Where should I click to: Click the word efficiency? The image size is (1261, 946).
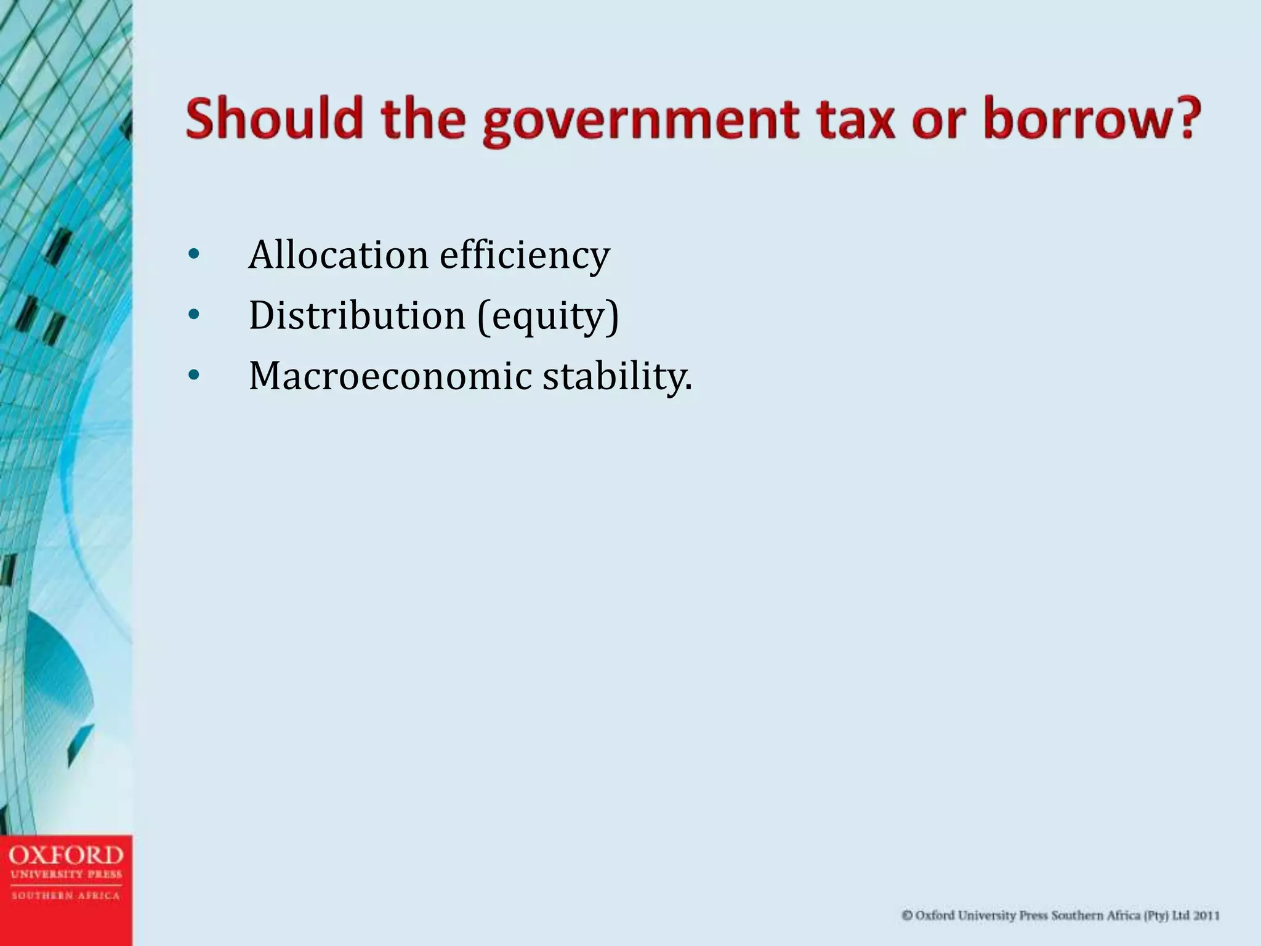tap(524, 256)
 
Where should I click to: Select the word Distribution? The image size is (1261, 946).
tap(357, 315)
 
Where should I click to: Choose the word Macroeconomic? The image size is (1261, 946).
tap(390, 376)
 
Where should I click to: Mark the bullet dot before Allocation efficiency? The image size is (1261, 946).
tap(193, 255)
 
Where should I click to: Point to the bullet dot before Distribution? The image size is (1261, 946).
tap(193, 315)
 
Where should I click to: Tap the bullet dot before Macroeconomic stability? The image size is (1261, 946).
tap(193, 376)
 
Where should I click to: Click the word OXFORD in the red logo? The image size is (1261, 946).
tap(66, 855)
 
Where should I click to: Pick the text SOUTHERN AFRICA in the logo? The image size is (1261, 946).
tap(66, 896)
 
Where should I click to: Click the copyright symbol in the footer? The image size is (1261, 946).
tap(907, 916)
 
